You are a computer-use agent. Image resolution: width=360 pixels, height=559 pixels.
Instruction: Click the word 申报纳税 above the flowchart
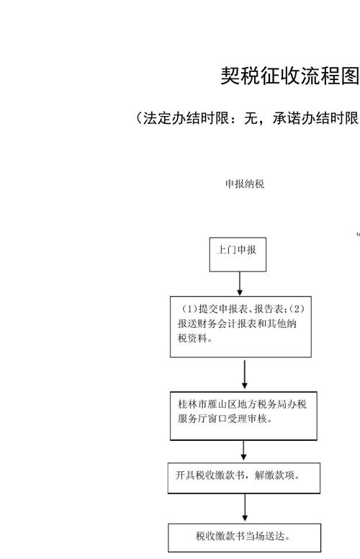245,184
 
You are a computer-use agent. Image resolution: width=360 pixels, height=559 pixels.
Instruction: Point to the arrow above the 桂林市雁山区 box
245,373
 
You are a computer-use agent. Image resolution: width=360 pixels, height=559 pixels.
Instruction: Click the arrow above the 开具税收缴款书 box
245,450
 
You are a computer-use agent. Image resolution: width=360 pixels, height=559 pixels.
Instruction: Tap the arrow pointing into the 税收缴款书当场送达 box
245,507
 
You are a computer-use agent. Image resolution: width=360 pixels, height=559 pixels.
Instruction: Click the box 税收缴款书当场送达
244,537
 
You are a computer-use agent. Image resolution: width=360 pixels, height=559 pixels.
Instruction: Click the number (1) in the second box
183,309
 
